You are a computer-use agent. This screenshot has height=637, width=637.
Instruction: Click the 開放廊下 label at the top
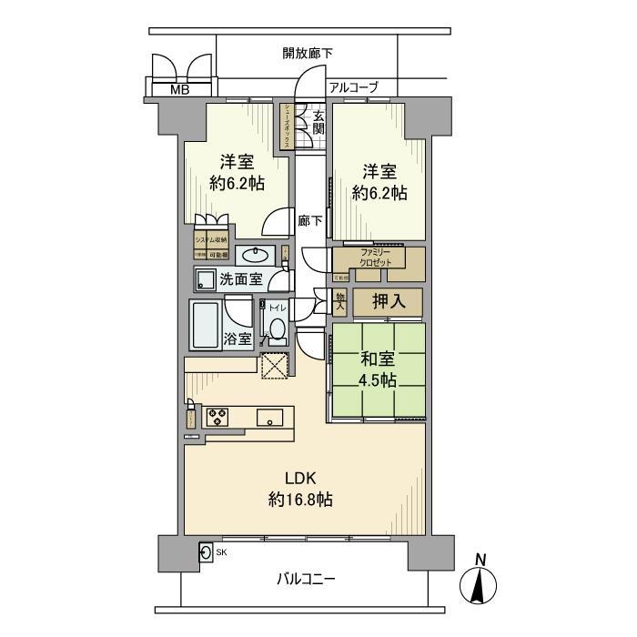coord(307,53)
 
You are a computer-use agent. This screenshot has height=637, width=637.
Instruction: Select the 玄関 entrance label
coord(318,122)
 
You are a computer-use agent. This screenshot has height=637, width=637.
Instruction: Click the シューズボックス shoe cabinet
coord(286,126)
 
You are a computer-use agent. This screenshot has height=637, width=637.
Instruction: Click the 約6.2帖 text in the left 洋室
coord(237,183)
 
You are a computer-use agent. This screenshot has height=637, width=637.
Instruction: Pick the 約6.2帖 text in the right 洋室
coord(379,192)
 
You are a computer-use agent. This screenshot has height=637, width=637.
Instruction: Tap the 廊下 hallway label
coord(310,220)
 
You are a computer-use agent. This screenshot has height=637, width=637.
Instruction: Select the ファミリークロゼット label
coord(374,258)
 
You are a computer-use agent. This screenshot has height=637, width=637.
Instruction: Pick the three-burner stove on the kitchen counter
coord(219,418)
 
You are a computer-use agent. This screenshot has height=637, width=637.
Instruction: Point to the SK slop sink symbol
coord(207,551)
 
